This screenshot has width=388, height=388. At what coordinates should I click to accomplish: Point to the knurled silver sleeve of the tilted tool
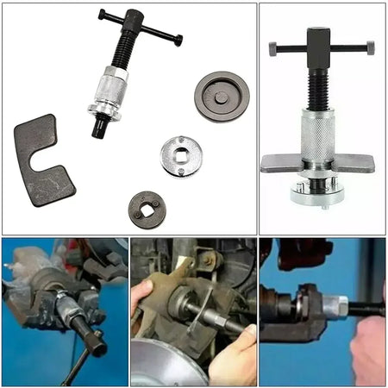pyautogui.click(x=110, y=90)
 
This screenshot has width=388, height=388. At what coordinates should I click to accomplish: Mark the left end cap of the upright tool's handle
pyautogui.click(x=272, y=49)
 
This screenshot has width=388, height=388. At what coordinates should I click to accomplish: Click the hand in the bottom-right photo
pyautogui.click(x=369, y=345)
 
